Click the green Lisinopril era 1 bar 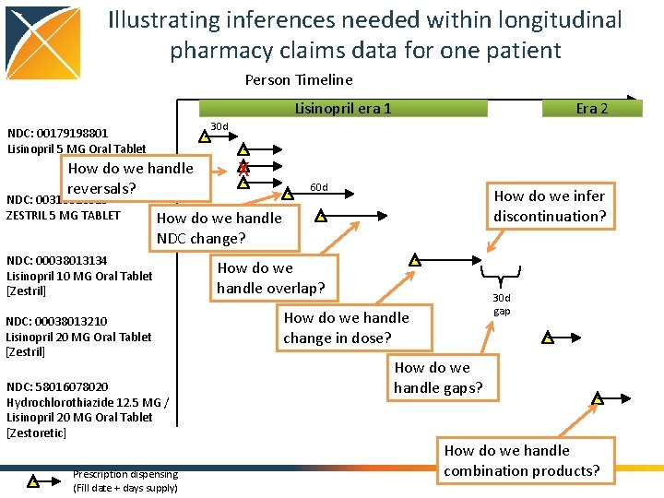[x=343, y=108]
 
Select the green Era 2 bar [x=591, y=108]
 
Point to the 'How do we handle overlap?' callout [x=270, y=278]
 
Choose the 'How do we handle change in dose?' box [x=346, y=327]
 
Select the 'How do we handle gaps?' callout [x=437, y=377]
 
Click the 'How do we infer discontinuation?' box [x=550, y=206]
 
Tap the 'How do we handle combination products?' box [x=521, y=460]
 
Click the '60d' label [x=319, y=188]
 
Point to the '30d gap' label [x=501, y=304]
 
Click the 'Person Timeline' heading [x=299, y=79]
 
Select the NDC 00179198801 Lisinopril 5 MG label [x=76, y=140]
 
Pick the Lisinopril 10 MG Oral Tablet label [x=79, y=276]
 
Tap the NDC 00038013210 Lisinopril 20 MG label [x=78, y=337]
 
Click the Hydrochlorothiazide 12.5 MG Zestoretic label [x=87, y=409]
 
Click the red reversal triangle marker [x=243, y=167]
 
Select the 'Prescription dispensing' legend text [x=125, y=480]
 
